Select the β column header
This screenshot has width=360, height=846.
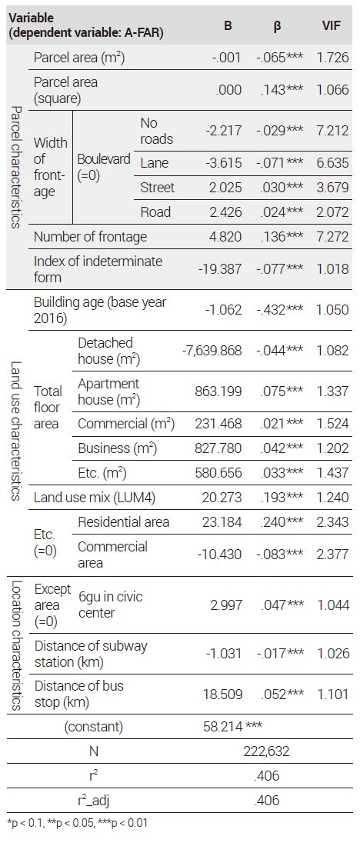(x=277, y=26)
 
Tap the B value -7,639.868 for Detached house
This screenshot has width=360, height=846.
(x=212, y=350)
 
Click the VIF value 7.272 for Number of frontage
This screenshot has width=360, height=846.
(x=333, y=237)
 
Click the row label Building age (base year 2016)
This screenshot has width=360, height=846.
(x=100, y=310)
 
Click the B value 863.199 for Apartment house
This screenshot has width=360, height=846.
(x=218, y=391)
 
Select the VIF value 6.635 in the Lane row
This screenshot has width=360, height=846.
(x=333, y=164)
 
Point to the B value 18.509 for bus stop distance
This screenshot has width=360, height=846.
(x=222, y=693)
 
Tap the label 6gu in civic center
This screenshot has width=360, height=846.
(x=110, y=605)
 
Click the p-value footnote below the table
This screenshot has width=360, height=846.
(x=78, y=824)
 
